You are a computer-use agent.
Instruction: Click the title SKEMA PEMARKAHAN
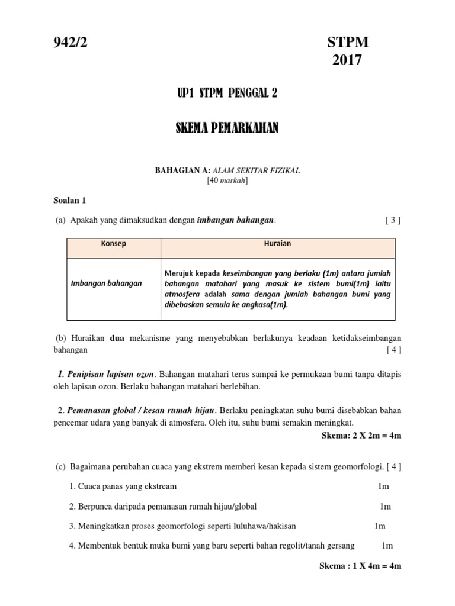(227, 129)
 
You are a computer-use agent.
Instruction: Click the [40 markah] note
(227, 180)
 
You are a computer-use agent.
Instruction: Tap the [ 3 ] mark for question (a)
(393, 220)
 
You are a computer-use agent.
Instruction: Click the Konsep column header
(114, 244)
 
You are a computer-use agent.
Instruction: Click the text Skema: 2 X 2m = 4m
(360, 436)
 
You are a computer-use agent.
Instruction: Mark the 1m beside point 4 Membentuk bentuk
(387, 546)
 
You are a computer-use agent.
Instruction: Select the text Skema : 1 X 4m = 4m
(360, 566)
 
